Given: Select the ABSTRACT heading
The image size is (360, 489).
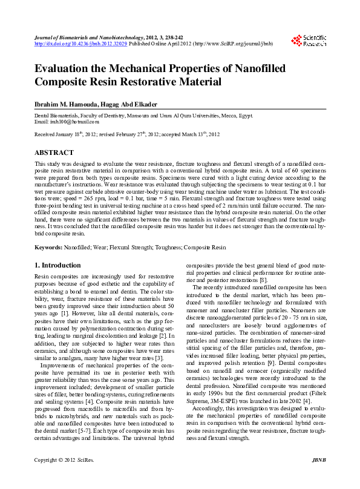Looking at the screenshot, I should point(54,153).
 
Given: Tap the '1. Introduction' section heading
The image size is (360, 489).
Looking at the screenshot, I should point(57,265).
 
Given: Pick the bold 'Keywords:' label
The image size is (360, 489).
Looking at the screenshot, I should point(48,248).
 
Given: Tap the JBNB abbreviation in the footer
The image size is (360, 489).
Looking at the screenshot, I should point(318,478).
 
